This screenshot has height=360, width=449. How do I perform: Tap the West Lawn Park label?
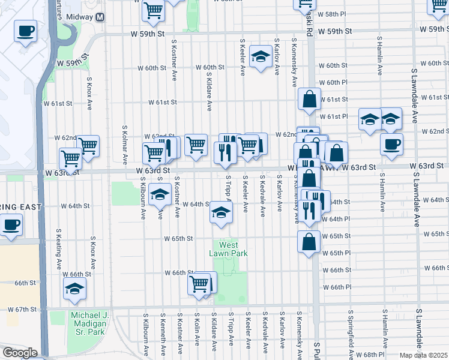point(228,249)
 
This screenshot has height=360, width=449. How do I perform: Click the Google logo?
point(20,352)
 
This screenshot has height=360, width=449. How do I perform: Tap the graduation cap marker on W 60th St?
point(260,57)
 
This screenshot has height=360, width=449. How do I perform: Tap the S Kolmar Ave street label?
point(125,145)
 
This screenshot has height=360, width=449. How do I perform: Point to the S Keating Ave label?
point(59,248)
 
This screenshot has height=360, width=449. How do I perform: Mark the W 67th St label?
point(22,309)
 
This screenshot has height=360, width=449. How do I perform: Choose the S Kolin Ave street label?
point(197,331)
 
